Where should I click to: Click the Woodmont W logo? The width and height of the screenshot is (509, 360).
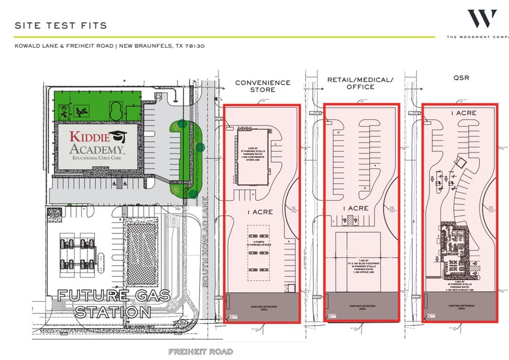481,19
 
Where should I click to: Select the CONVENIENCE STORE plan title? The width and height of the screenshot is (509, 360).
262,86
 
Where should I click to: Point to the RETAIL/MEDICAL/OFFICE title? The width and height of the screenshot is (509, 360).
360,83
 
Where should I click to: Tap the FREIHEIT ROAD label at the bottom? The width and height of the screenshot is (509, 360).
201,351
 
